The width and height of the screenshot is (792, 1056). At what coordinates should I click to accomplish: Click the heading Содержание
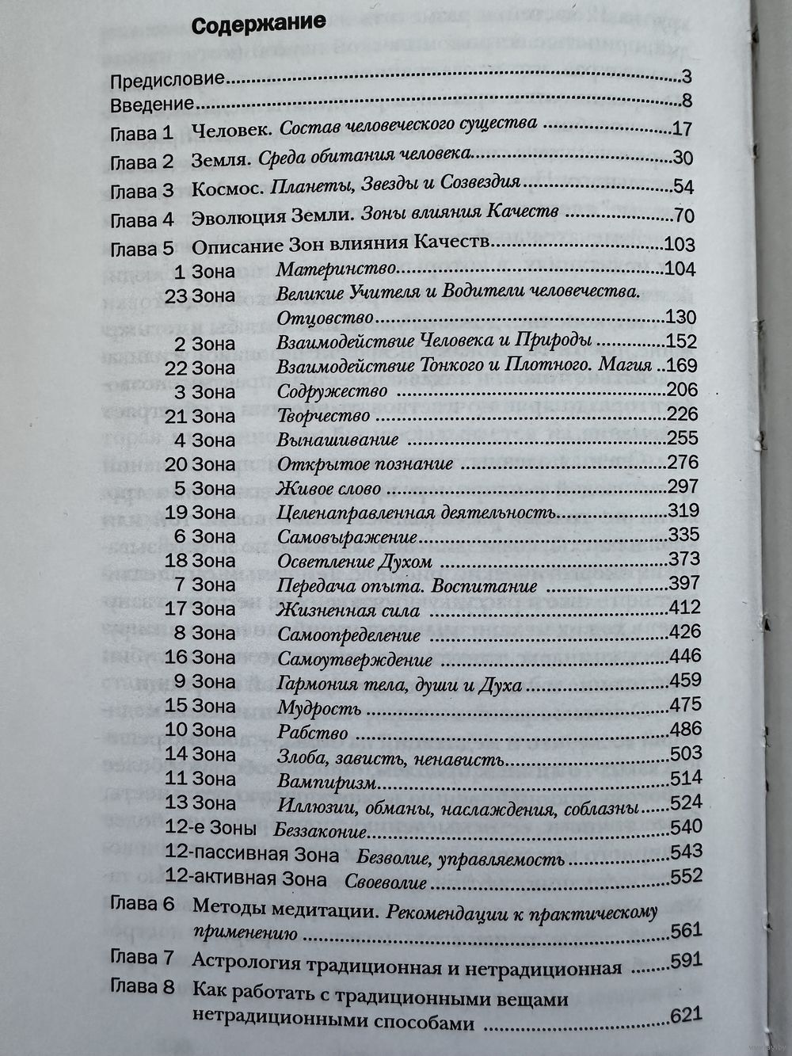(x=259, y=23)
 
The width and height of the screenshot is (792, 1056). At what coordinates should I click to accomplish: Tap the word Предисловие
(x=168, y=80)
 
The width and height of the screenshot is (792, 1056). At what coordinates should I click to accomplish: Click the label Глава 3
(x=142, y=191)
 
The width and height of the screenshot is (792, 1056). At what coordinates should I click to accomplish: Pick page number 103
(x=682, y=243)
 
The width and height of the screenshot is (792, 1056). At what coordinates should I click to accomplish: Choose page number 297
(x=683, y=486)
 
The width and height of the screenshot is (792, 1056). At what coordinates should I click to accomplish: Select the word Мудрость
(x=319, y=708)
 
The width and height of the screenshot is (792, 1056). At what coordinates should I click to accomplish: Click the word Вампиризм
(x=326, y=782)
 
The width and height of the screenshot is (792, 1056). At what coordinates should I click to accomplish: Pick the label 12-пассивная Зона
(x=253, y=855)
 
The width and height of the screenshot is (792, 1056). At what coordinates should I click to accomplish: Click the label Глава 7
(x=142, y=957)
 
